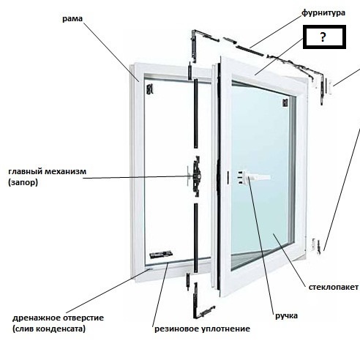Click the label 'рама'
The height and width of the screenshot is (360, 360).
72,19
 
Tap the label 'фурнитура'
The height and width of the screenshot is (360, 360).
323,12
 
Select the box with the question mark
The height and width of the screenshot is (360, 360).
324,37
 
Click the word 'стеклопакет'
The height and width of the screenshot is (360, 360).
334,287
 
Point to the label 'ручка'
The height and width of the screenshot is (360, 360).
286,316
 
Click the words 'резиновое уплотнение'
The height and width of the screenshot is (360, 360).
202,329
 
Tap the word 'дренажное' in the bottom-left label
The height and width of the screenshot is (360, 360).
37,318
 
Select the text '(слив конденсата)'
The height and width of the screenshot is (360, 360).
49,329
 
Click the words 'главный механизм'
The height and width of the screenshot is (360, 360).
48,171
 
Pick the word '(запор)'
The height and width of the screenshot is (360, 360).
23,182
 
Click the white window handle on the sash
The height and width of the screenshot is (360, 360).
254,176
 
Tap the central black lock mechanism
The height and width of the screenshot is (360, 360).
196,176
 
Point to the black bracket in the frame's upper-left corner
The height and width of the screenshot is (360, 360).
149,89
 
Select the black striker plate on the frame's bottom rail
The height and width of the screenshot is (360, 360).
161,255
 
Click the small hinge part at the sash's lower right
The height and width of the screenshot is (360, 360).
318,247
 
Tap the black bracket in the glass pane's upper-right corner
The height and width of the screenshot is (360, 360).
285,102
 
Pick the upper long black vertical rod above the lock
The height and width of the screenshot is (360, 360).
196,113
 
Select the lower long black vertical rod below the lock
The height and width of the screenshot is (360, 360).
195,238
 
